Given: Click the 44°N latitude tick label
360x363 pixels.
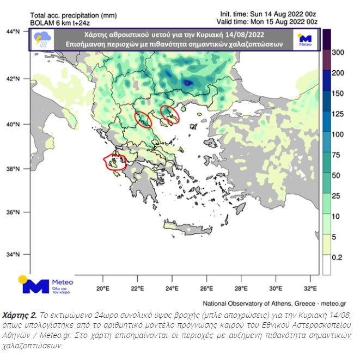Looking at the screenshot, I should (x=13, y=32).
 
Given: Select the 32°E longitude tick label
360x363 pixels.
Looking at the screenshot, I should (x=311, y=288).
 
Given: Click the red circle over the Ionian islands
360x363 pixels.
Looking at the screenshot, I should (x=114, y=162).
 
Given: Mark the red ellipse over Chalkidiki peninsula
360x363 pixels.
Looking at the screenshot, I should (x=170, y=115).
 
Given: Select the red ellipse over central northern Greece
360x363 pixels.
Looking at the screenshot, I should (x=143, y=118).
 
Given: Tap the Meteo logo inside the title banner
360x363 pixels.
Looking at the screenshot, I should (x=305, y=40).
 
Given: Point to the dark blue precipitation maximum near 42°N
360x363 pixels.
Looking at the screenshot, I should (x=188, y=83).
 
